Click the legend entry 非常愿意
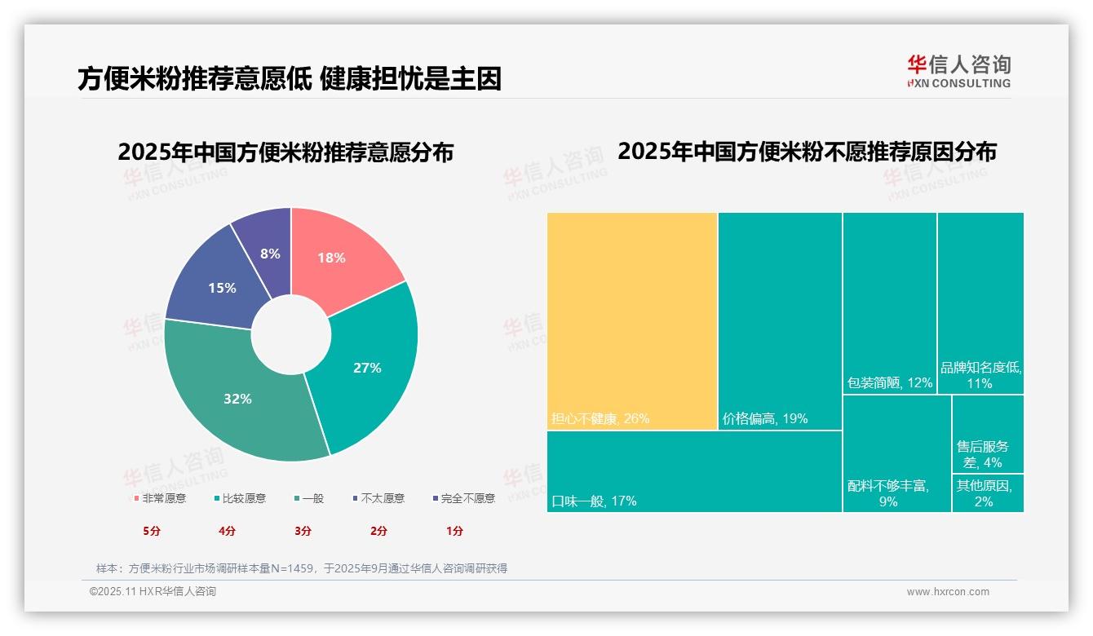click(x=160, y=498)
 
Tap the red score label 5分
click(x=152, y=531)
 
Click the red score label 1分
click(x=454, y=531)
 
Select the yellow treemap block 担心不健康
click(x=632, y=320)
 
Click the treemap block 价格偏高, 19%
click(x=780, y=320)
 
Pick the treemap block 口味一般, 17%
click(x=694, y=471)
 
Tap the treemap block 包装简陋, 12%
click(x=889, y=303)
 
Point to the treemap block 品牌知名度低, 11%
click(x=980, y=303)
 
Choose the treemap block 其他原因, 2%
click(x=988, y=493)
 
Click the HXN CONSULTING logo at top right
click(x=959, y=71)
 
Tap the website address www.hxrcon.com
click(x=948, y=592)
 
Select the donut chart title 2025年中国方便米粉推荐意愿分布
click(x=285, y=152)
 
